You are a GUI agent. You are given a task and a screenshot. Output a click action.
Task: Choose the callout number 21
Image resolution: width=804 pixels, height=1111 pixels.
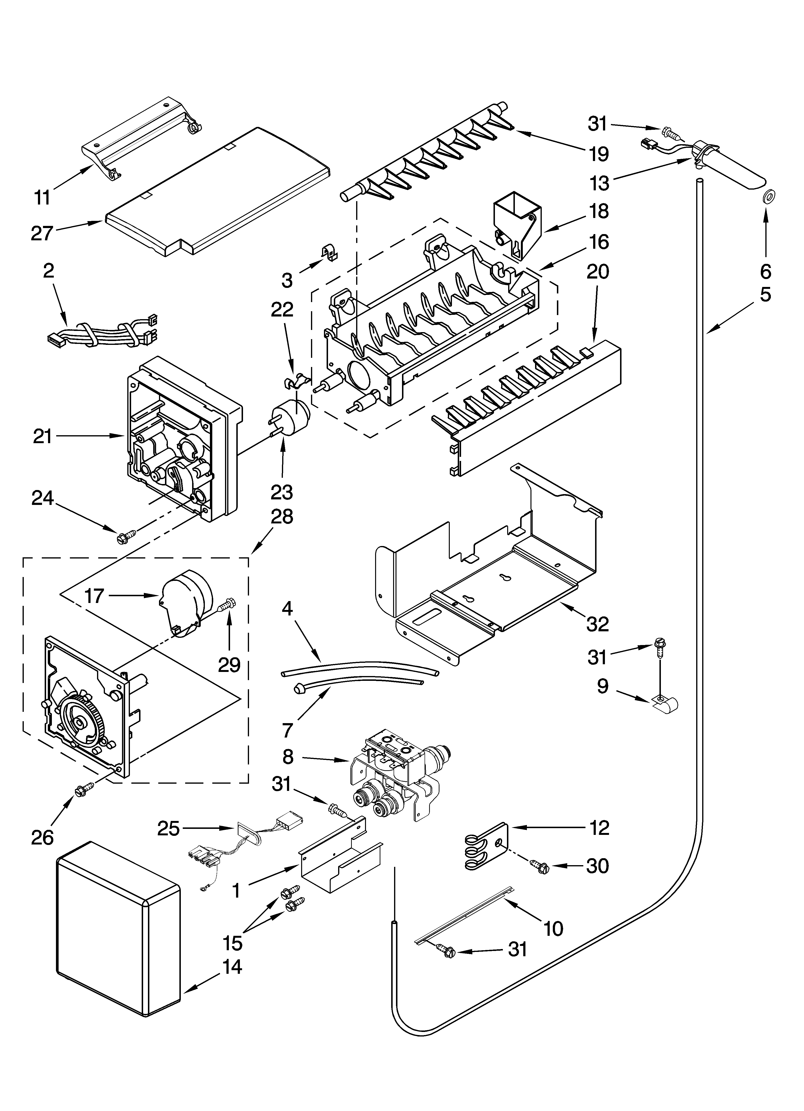click(x=43, y=436)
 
